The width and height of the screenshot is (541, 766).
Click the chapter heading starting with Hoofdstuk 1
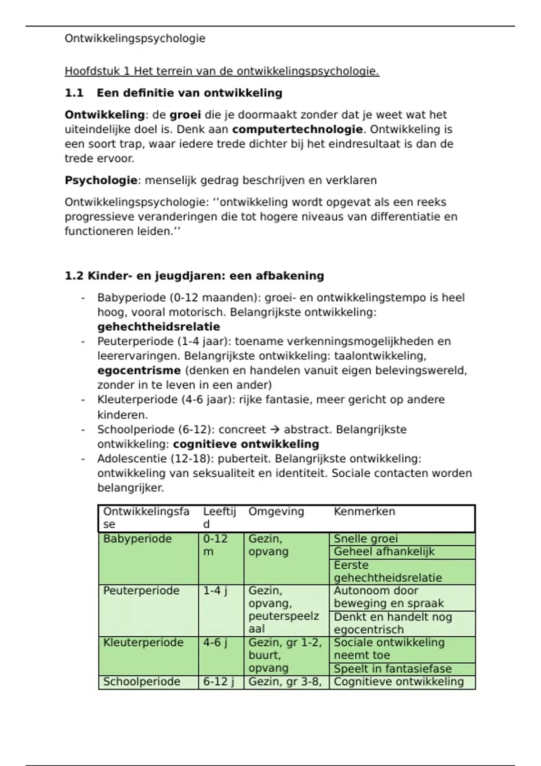click(222, 71)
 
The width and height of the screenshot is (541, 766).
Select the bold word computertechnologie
click(297, 129)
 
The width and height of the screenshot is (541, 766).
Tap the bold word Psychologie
click(101, 180)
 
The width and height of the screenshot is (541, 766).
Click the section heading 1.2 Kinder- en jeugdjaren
click(194, 276)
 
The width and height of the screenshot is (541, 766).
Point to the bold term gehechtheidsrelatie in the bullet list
click(159, 327)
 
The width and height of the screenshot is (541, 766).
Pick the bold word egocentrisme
click(139, 370)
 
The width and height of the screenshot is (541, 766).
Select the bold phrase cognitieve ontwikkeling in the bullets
click(246, 444)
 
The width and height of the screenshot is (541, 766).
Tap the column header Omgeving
click(276, 511)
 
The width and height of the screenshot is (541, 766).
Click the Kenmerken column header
click(364, 511)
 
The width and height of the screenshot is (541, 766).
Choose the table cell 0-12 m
click(215, 545)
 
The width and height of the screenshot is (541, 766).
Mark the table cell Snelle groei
click(366, 539)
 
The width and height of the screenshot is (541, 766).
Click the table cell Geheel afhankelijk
click(384, 552)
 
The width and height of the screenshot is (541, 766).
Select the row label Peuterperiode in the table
click(141, 590)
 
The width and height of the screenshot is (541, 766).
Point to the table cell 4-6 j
click(215, 642)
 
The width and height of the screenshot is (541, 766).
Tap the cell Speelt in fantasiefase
click(392, 669)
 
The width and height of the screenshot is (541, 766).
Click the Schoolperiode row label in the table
click(142, 682)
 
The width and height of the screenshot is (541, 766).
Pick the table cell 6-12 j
click(218, 682)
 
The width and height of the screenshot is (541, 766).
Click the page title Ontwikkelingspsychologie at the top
click(135, 38)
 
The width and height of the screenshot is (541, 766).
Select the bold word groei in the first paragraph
click(185, 115)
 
